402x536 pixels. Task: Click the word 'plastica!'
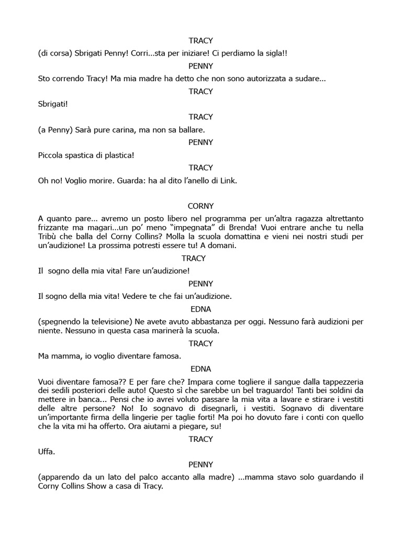tap(118, 155)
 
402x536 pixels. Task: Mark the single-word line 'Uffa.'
tap(47, 451)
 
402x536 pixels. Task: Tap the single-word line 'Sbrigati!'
tap(53, 104)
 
